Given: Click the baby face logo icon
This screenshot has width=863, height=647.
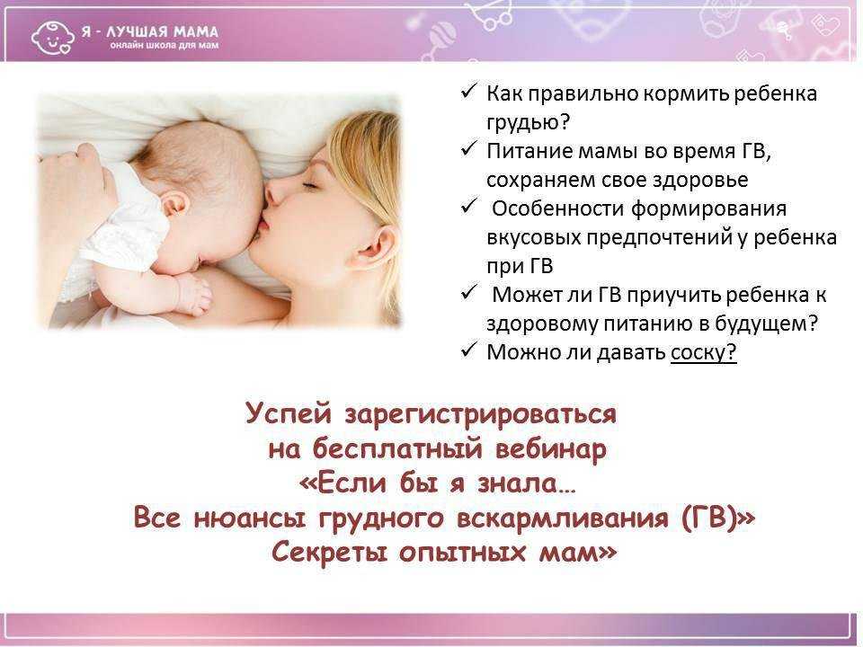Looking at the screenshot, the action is pyautogui.click(x=52, y=37).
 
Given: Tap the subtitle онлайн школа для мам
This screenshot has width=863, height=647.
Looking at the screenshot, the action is pyautogui.click(x=164, y=46).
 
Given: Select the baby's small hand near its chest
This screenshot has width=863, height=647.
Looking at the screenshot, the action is pyautogui.click(x=193, y=292).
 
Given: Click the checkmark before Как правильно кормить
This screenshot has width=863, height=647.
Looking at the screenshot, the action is pyautogui.click(x=468, y=92).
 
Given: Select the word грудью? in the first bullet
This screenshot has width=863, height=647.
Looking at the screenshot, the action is pyautogui.click(x=528, y=123).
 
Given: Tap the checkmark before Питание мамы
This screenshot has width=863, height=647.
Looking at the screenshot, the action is pyautogui.click(x=468, y=149).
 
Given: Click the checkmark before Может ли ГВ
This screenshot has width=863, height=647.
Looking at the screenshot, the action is pyautogui.click(x=468, y=292).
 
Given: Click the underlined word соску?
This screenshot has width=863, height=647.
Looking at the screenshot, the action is pyautogui.click(x=703, y=352).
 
